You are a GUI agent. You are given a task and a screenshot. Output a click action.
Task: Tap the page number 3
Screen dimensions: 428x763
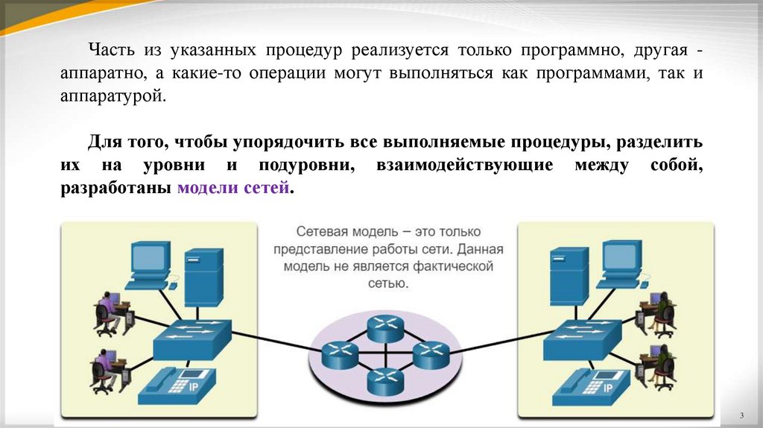742,415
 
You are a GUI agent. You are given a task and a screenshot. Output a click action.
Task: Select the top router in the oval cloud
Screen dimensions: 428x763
384,325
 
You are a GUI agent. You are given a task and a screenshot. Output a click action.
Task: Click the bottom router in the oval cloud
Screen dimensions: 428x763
384,381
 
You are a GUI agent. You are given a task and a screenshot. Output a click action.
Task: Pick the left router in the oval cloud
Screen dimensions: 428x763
340,354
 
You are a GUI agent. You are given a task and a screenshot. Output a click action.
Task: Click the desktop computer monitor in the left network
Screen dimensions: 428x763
150,259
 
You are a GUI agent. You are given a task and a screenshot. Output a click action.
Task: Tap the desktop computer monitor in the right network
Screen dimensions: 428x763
621,259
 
